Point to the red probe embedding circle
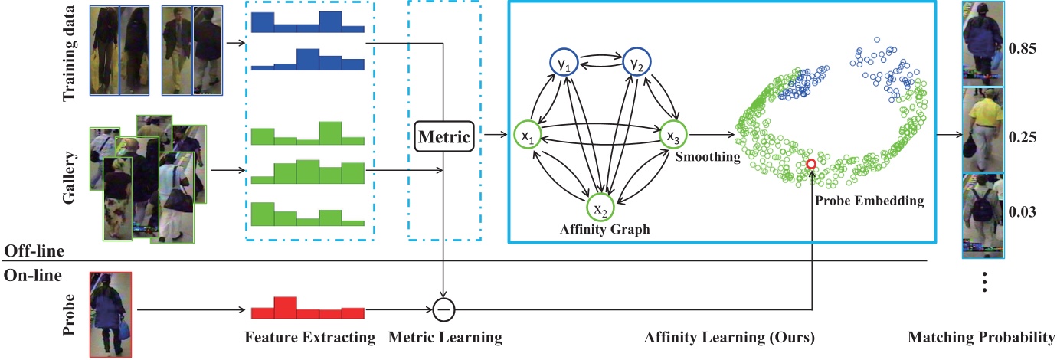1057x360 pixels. (811, 165)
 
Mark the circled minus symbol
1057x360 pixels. (443, 309)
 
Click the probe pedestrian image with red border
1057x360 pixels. (111, 314)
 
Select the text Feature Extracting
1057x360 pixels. (309, 338)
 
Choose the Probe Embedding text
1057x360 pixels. (880, 201)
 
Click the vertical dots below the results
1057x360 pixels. (985, 283)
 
